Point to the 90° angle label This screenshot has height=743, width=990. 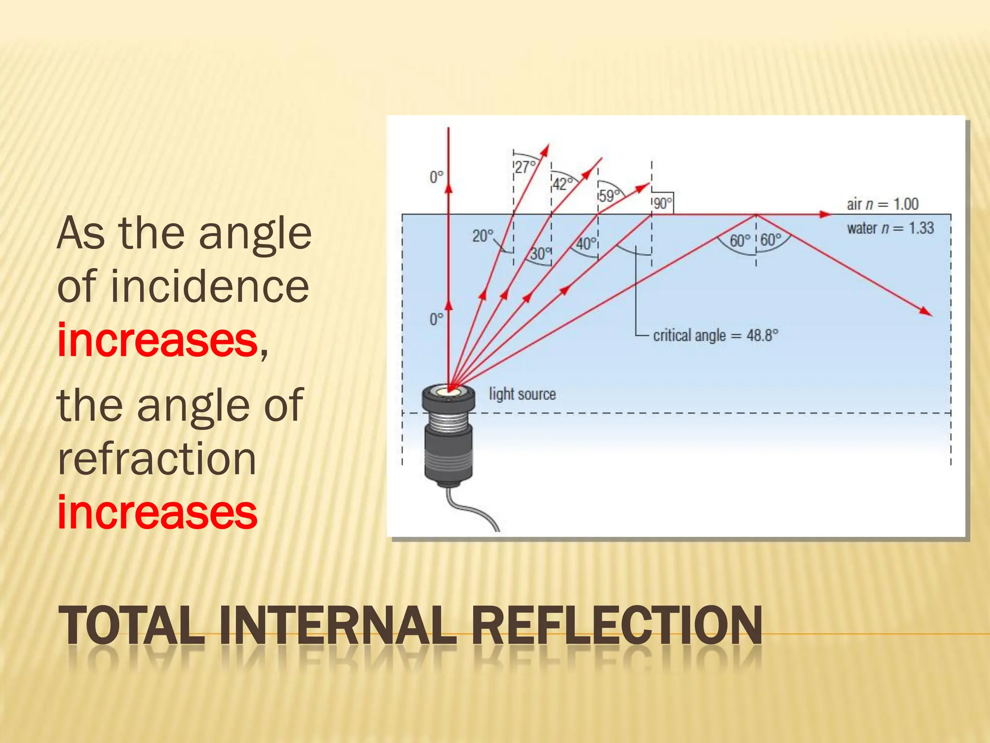click(663, 203)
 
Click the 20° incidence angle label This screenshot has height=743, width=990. click(483, 236)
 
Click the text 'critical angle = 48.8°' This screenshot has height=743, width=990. click(715, 335)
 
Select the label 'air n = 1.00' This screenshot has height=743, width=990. click(882, 204)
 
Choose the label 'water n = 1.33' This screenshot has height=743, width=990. click(890, 228)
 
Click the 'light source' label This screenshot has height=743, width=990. click(522, 394)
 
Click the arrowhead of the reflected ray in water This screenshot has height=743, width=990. click(926, 312)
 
